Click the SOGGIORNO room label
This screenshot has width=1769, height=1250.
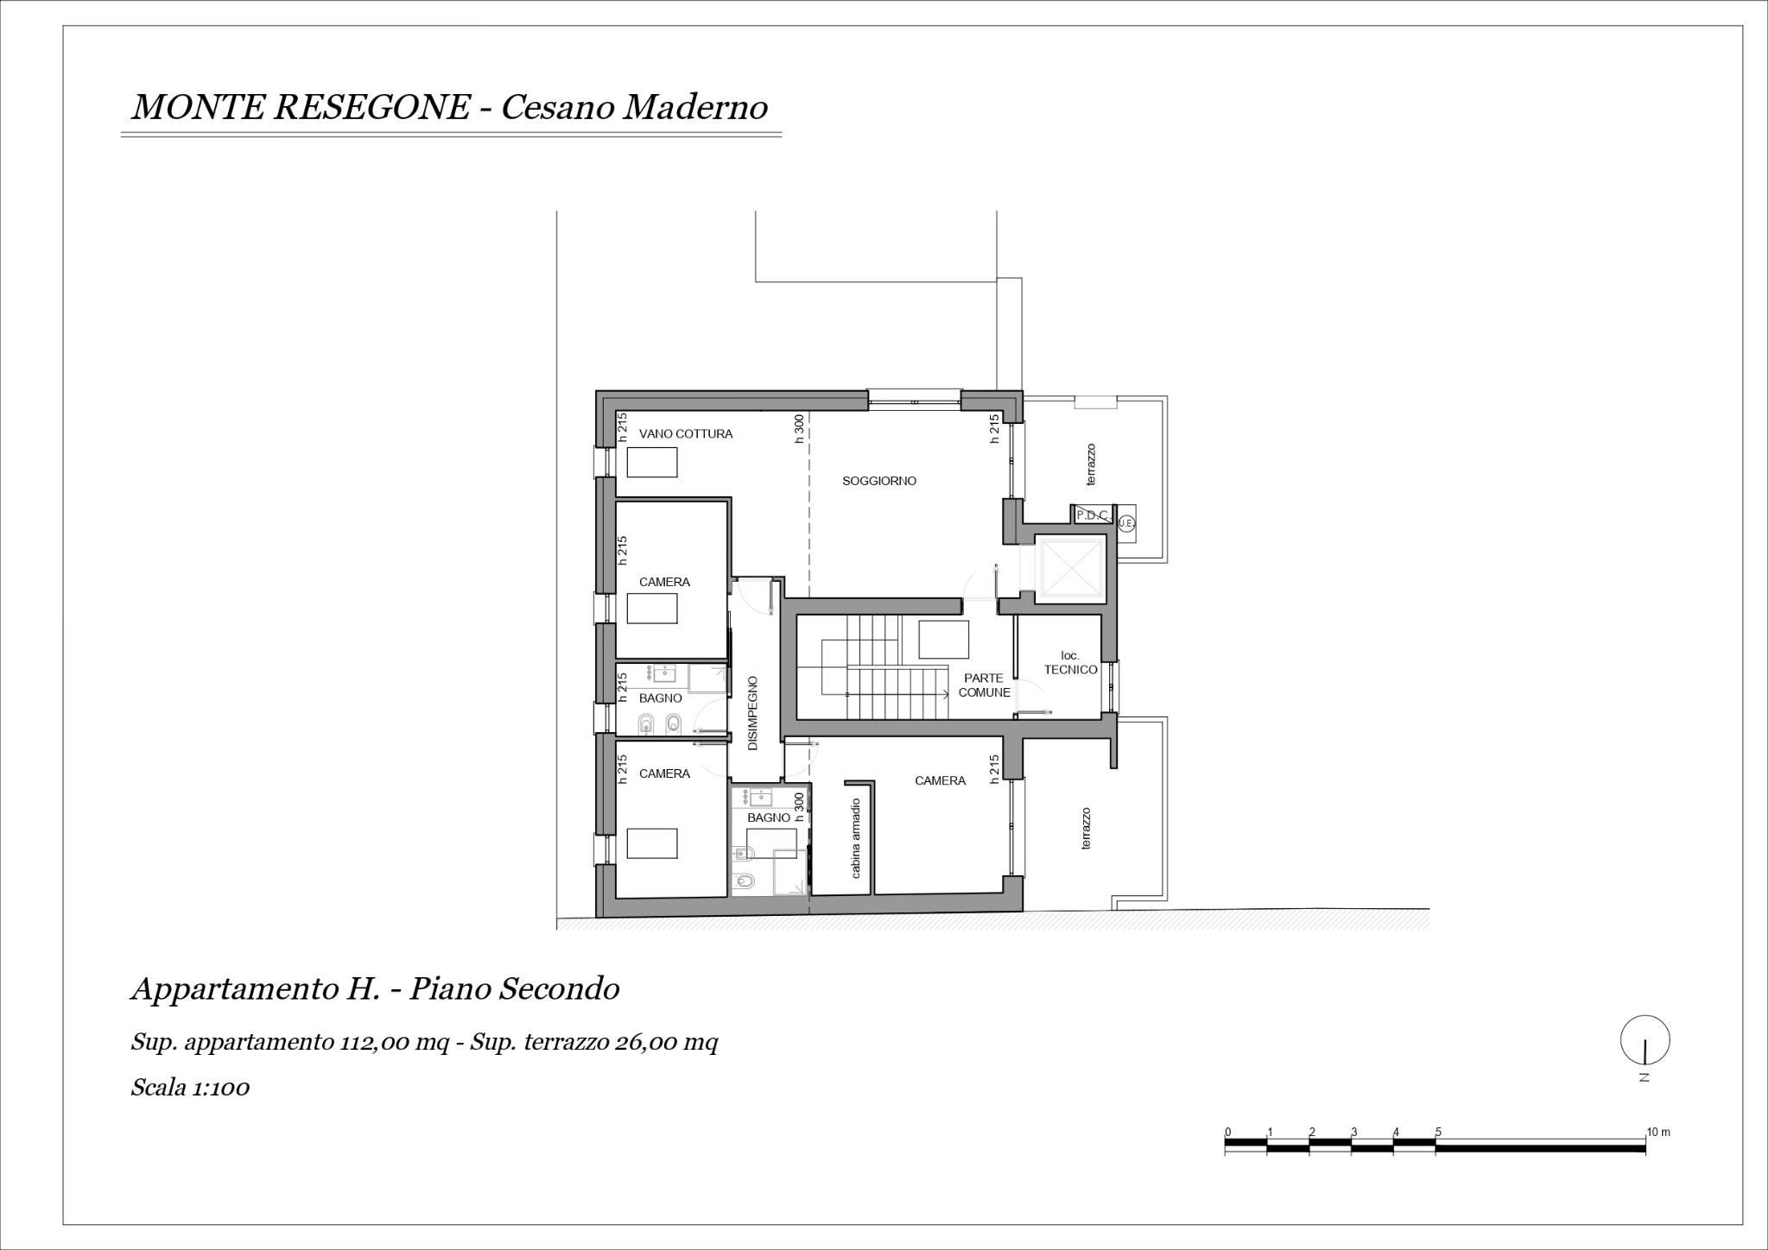pos(879,481)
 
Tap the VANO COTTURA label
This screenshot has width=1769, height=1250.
pos(686,434)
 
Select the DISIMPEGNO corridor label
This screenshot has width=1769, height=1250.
pos(752,713)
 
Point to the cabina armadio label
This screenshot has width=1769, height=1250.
pos(856,838)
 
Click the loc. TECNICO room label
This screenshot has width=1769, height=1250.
pos(1070,663)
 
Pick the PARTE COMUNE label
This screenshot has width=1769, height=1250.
pos(984,685)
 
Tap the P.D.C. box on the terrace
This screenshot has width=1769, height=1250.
pos(1092,515)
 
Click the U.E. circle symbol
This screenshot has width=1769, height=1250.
pos(1125,523)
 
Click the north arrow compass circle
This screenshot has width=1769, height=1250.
pos(1645,1040)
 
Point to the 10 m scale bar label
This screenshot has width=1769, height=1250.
pos(1658,1132)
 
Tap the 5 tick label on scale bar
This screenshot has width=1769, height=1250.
pos(1437,1133)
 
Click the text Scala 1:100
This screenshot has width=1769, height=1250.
pos(190,1087)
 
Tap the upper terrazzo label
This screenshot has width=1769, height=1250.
pos(1091,464)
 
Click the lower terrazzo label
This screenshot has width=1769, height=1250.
pos(1087,829)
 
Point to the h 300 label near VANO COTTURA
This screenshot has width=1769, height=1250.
pos(799,429)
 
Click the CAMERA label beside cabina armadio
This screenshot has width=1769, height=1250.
pos(940,781)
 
